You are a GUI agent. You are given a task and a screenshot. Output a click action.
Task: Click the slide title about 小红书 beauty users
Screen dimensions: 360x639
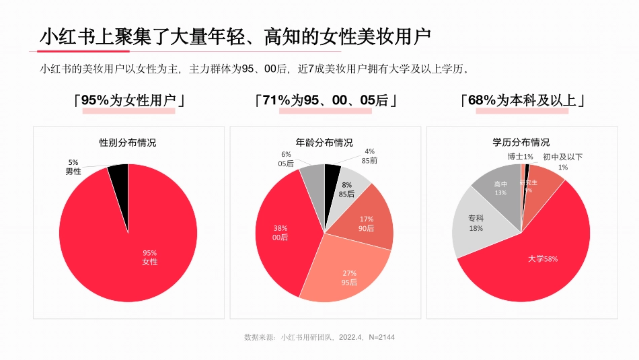[235, 36]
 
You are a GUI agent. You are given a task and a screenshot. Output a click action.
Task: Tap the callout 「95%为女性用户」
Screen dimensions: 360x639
[128, 100]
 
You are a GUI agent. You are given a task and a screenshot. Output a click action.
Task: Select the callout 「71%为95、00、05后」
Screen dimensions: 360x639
[325, 100]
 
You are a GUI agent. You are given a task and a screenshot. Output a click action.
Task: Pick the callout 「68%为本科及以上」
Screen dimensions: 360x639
[522, 100]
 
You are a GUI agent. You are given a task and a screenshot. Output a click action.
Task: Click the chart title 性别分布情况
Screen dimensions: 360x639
[128, 143]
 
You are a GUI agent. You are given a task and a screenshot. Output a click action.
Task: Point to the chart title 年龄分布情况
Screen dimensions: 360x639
[324, 143]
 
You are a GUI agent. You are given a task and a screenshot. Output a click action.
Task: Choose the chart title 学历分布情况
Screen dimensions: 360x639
[521, 143]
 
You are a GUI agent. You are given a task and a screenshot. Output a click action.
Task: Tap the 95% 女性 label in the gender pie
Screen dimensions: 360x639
[149, 257]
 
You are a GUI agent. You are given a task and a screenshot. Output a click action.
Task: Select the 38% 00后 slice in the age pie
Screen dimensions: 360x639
[280, 232]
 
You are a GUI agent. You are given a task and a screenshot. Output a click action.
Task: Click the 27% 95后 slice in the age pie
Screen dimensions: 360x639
[349, 277]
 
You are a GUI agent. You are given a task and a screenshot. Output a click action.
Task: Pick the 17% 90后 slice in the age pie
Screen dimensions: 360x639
[368, 223]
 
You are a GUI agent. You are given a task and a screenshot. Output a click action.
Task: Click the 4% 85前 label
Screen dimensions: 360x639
[369, 156]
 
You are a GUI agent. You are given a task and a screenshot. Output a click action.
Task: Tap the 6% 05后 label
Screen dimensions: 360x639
[286, 159]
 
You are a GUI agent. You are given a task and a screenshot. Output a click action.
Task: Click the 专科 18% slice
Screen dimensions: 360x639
[476, 224]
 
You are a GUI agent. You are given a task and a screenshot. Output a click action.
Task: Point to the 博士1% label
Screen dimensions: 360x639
[520, 157]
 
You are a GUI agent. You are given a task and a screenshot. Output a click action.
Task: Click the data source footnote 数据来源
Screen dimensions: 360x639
[319, 336]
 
